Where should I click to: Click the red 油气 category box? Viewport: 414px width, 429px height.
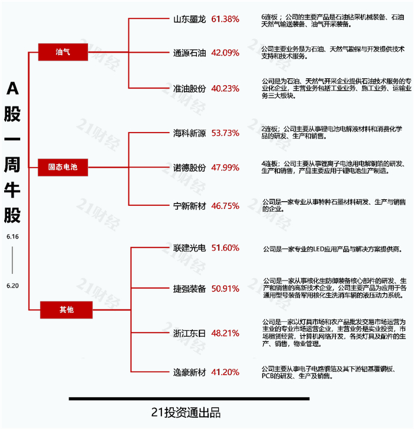63,52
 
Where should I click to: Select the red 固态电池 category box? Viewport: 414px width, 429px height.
63,167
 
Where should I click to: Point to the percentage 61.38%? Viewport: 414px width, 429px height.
225,19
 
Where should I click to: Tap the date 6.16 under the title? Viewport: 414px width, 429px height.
12,236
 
